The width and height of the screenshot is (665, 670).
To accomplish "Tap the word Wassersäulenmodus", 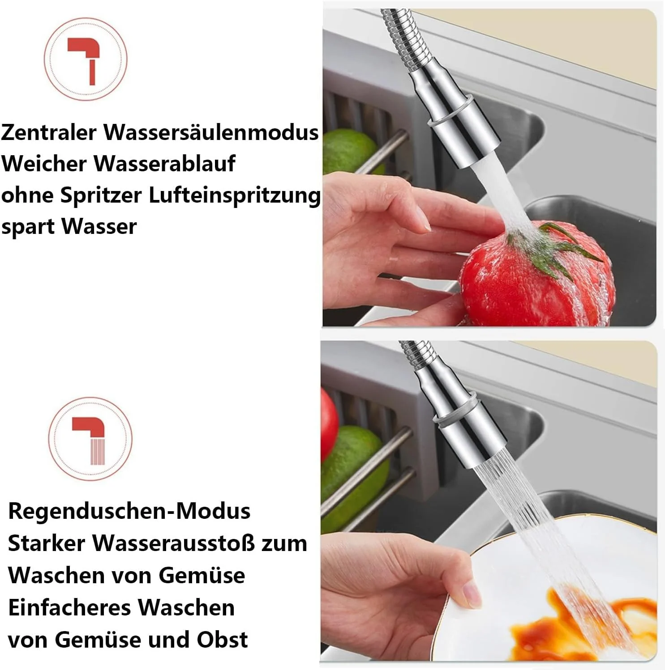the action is click(211, 132).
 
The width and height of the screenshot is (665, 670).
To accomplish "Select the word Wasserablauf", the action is click(164, 163).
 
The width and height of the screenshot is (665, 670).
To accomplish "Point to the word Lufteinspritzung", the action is click(235, 196).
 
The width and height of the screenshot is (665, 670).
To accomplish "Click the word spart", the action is click(28, 227).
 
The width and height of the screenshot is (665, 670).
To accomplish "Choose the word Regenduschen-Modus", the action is click(129, 511).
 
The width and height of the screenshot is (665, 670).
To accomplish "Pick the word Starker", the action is click(47, 543).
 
